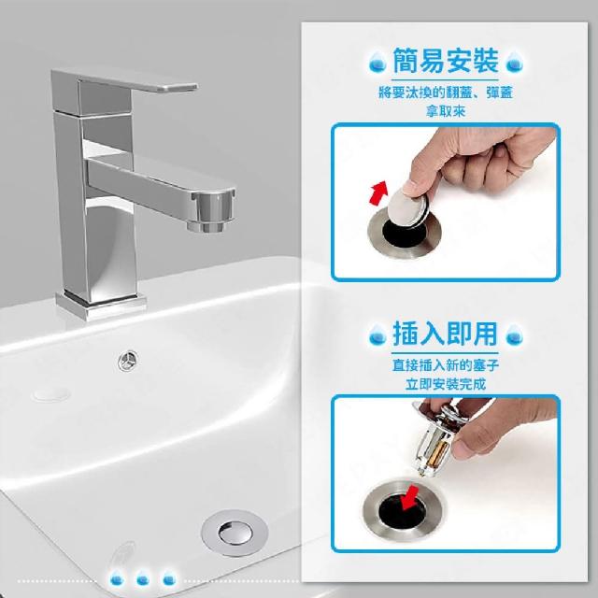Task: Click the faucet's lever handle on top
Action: (x=126, y=81)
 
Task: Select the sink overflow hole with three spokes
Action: (x=128, y=361)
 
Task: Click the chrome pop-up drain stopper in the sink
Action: (x=235, y=533)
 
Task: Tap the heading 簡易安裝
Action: (x=446, y=61)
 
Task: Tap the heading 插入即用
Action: (x=446, y=334)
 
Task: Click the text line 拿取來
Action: (x=446, y=111)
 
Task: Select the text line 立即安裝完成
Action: (x=446, y=384)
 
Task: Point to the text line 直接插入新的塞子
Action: (x=446, y=365)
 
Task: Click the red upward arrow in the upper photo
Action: (x=378, y=193)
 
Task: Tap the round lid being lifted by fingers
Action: (x=408, y=207)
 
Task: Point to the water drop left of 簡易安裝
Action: (x=377, y=62)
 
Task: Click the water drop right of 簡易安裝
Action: (x=514, y=62)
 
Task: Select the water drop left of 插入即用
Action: (x=377, y=335)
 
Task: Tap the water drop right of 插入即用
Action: (x=514, y=335)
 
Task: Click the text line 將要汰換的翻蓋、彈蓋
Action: (x=446, y=93)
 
